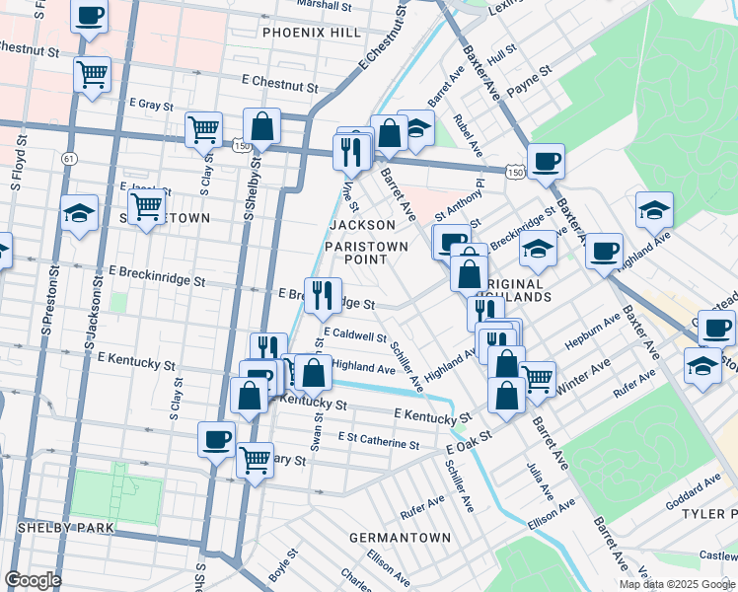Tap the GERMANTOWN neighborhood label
pyautogui.click(x=400, y=538)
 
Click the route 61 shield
pyautogui.click(x=68, y=158)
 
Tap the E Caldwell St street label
pyautogui.click(x=354, y=335)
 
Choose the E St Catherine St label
pyautogui.click(x=379, y=440)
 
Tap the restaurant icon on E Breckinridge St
pyautogui.click(x=323, y=294)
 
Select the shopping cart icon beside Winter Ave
pyautogui.click(x=537, y=376)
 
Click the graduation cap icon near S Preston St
pyautogui.click(x=79, y=213)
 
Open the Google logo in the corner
pyautogui.click(x=33, y=580)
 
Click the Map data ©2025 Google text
pyautogui.click(x=676, y=584)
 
